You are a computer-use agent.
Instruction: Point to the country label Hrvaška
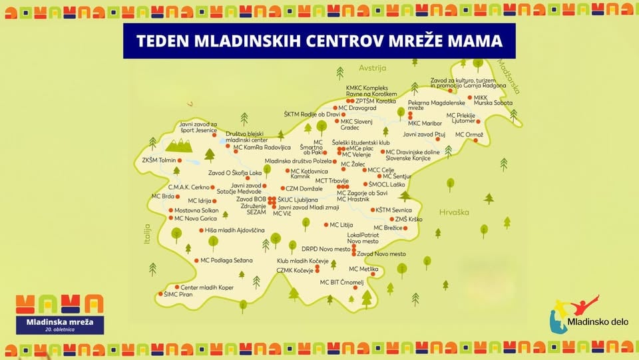coord(454,212)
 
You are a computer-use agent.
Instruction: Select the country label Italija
coord(148,235)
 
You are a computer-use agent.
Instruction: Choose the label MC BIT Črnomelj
coord(341,282)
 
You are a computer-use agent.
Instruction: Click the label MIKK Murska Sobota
coord(491,101)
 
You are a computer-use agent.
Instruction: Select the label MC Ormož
coord(469,134)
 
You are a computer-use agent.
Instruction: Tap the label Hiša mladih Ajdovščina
coord(234,230)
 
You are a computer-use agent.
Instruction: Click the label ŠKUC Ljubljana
coord(298,200)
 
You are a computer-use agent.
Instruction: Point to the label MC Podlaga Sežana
coord(226,260)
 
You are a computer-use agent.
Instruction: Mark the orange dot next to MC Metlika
coord(383,270)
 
